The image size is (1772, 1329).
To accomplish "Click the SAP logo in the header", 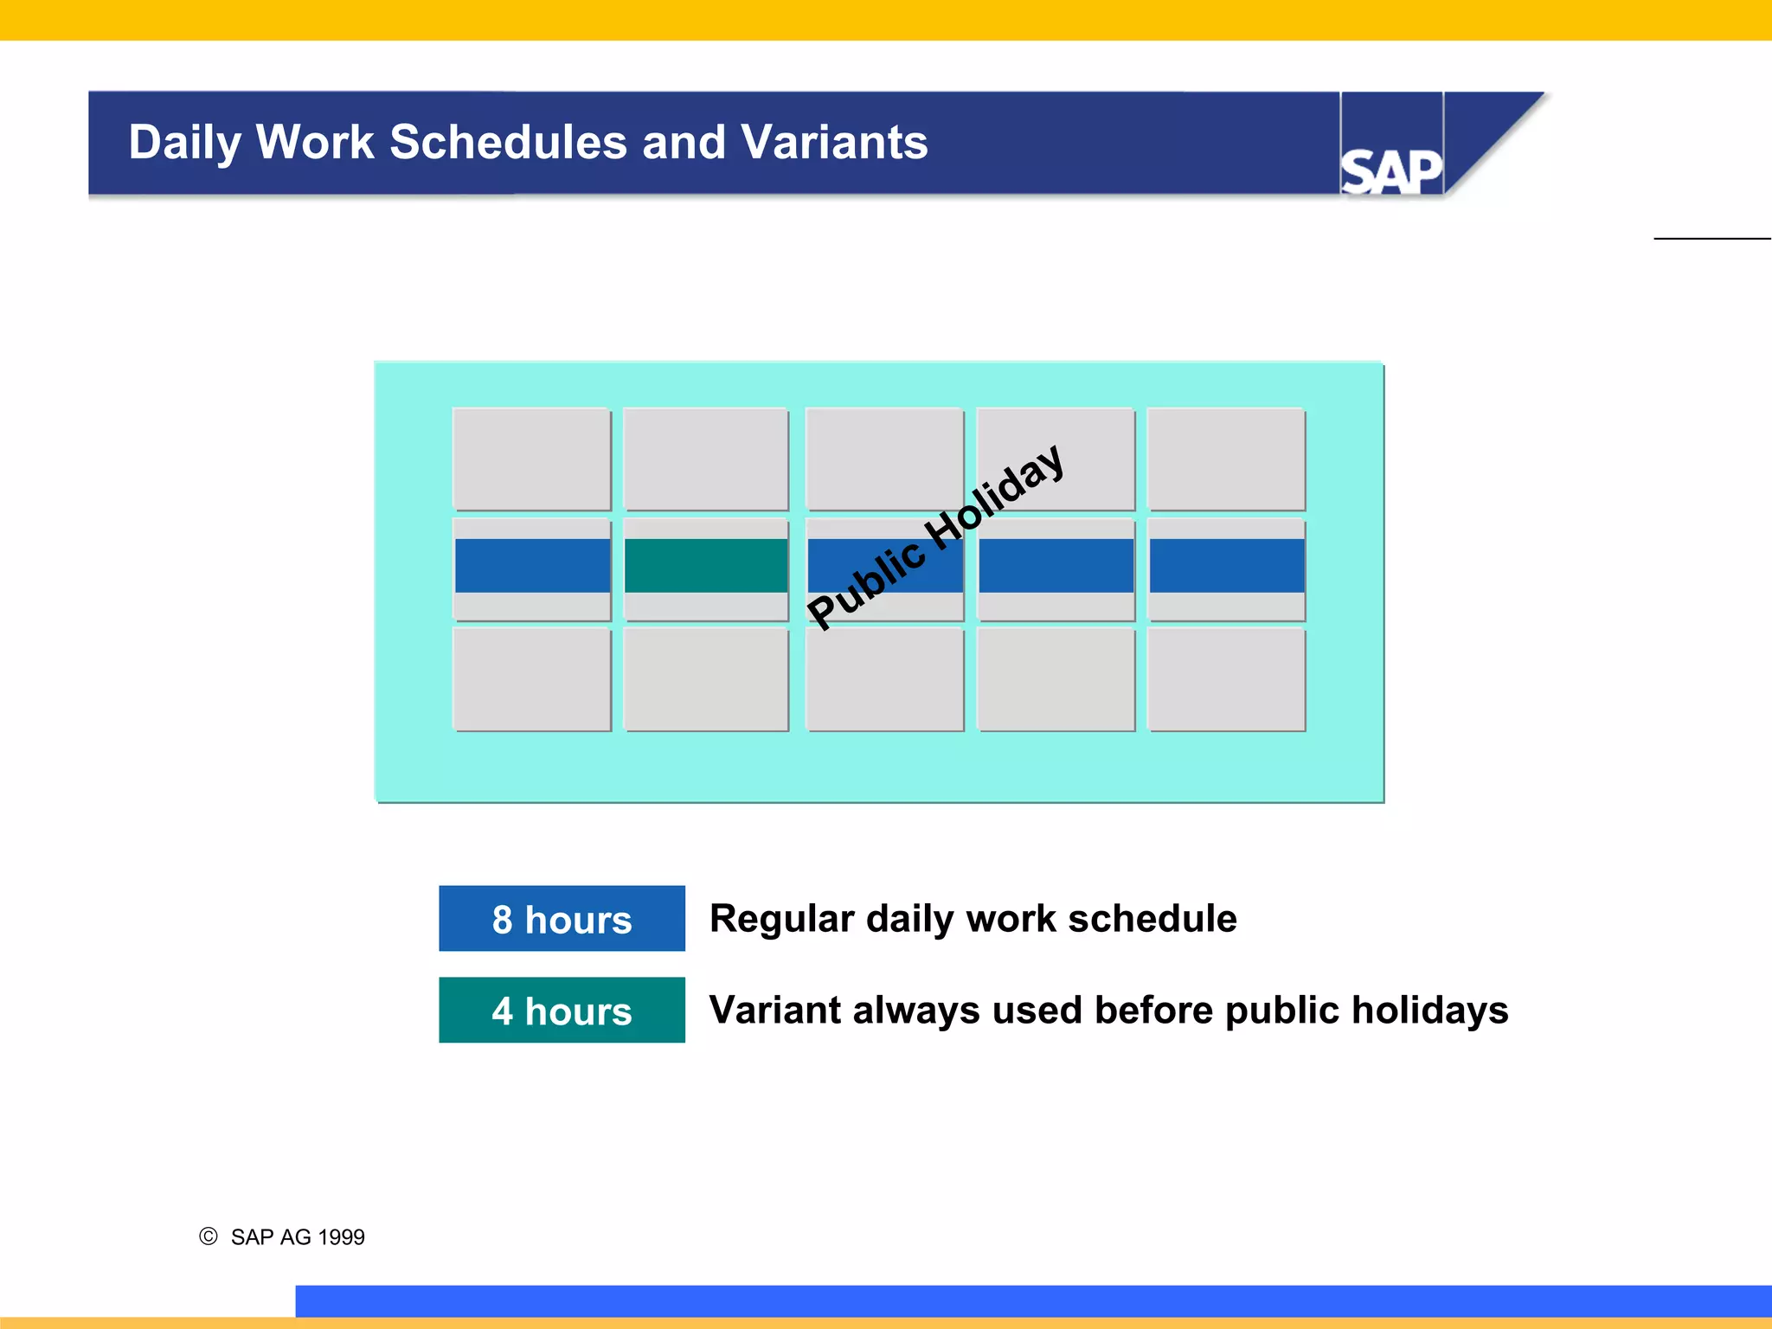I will pos(1390,171).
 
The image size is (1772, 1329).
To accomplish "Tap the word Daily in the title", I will pos(184,144).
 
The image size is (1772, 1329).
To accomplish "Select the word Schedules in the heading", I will pos(508,142).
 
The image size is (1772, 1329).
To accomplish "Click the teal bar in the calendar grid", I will pos(706,566).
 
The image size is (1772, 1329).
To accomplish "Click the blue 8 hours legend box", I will pos(562,919).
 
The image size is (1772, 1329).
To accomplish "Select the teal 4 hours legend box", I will pos(562,1011).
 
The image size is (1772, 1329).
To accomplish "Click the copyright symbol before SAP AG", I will pos(209,1236).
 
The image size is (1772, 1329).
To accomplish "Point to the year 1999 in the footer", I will pos(341,1237).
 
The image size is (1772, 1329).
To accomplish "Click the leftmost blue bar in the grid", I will pos(532,566).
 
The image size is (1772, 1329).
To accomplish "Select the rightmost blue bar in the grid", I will pos(1226,566).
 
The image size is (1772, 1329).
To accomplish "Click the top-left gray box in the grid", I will pos(532,459).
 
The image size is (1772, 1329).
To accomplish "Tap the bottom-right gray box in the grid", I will pos(1226,680).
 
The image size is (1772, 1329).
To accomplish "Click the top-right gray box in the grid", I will pos(1226,459).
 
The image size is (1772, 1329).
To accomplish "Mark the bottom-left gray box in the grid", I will pos(532,680).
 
